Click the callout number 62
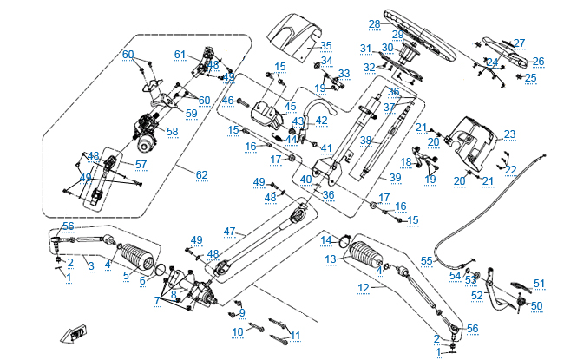[201, 175]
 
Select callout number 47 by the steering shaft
[229, 231]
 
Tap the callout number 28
[374, 23]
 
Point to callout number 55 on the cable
[426, 260]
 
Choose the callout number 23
[509, 134]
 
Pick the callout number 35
[325, 45]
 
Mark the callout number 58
[172, 131]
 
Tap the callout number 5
[126, 276]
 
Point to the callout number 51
[539, 283]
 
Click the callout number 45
[290, 107]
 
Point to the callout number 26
[538, 61]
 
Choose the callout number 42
[321, 120]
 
